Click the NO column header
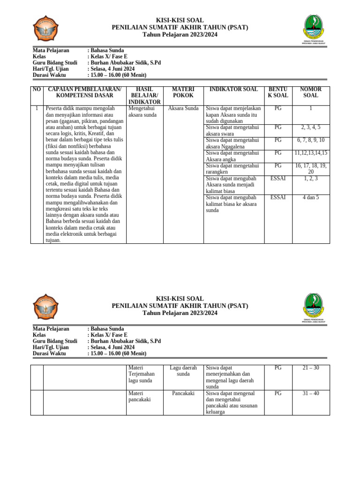37,89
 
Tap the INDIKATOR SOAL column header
233,89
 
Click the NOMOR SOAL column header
310,92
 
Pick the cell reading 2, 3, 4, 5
310,127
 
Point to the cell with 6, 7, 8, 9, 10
310,140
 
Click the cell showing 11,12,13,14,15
310,153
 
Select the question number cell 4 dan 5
310,197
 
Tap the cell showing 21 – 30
310,368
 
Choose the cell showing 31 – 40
310,393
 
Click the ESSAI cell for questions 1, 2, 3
278,178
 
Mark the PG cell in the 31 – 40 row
278,393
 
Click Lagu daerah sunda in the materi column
183,371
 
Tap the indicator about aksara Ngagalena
232,143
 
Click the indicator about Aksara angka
232,156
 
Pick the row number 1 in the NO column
37,108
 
